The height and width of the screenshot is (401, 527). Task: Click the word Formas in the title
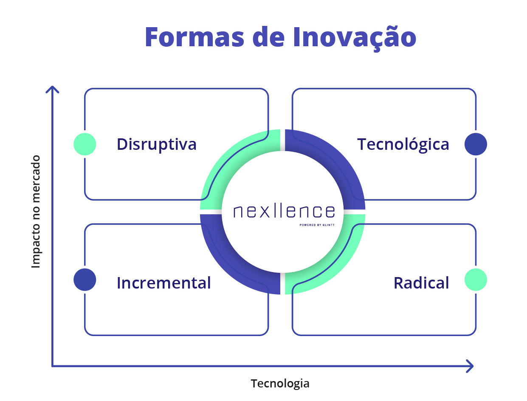tap(194, 37)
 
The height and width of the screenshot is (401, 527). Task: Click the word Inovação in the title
tap(354, 38)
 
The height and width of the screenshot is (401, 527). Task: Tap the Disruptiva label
tap(156, 145)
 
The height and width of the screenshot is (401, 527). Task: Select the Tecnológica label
tap(403, 145)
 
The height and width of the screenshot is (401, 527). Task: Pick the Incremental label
tap(163, 283)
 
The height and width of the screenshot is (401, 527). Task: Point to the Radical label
tap(421, 283)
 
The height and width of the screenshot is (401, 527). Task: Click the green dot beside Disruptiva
tap(85, 144)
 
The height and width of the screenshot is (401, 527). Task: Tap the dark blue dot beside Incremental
tap(85, 279)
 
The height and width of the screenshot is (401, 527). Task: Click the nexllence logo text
tap(284, 211)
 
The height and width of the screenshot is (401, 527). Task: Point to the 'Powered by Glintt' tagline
tap(316, 225)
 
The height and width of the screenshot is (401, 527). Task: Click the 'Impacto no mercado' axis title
tap(36, 211)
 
